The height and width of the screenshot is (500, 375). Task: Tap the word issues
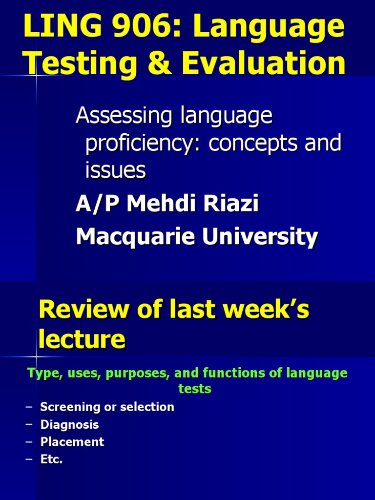(115, 170)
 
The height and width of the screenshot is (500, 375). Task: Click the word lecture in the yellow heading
(82, 339)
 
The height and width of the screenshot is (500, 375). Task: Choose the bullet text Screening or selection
(107, 407)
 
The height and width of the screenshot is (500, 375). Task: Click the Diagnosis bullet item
(69, 424)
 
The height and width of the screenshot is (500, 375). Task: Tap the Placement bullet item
(72, 442)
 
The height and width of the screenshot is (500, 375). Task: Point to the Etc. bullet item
(51, 459)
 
